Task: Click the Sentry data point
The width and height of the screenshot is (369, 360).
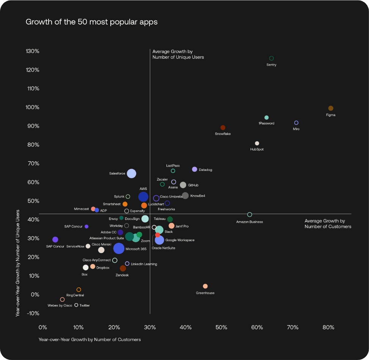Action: point(272,58)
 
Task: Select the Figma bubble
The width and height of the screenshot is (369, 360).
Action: point(331,108)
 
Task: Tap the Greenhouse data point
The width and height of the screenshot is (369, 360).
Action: point(205,286)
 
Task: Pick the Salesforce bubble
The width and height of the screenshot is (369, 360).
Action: point(132,174)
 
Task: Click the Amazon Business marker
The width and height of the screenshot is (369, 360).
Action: point(250,215)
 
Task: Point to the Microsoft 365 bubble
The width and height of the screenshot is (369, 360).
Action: point(119,249)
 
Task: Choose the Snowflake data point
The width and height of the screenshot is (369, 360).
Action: point(223,128)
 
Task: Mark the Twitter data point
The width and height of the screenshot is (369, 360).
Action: point(76,305)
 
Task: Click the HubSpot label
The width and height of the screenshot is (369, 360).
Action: point(257,149)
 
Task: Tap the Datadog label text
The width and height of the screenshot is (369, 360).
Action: point(205,170)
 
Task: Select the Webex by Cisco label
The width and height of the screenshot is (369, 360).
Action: point(60,305)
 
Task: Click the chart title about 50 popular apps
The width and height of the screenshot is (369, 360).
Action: point(91,22)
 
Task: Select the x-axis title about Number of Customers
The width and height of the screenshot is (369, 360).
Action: point(90,340)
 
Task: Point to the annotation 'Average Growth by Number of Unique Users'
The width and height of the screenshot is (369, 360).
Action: point(178,54)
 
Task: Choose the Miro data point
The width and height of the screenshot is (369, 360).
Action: point(296,123)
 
